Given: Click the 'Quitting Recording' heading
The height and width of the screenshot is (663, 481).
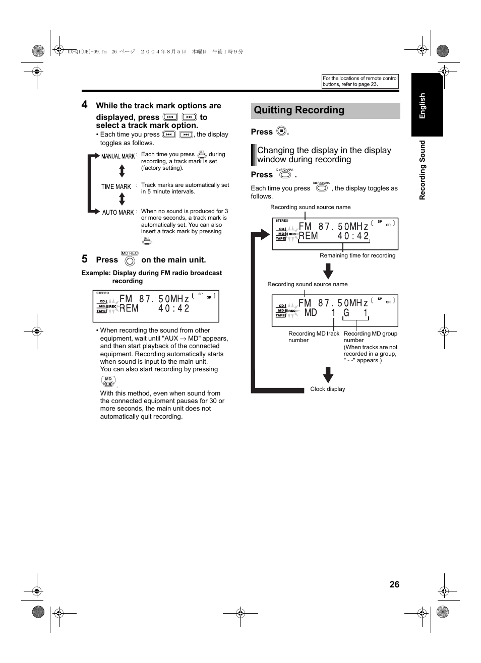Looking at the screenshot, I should tap(299, 110).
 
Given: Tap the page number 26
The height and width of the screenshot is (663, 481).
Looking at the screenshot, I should tap(394, 584).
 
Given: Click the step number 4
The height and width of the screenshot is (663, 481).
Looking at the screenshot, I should tap(85, 105).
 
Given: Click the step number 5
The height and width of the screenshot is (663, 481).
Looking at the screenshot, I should tap(85, 259).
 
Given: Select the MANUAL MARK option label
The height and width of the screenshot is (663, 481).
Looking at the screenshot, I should tap(118, 156).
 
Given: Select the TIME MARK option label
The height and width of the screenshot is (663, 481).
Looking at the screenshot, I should tap(116, 186).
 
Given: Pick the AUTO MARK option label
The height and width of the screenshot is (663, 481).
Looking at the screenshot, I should tap(118, 213).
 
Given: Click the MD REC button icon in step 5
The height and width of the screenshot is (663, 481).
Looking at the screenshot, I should tap(130, 260).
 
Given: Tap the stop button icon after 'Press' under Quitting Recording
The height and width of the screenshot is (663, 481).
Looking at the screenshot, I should tap(281, 131).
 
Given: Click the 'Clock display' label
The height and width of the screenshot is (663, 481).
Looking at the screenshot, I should tap(327, 389).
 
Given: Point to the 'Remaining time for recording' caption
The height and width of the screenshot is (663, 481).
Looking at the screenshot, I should tap(357, 255).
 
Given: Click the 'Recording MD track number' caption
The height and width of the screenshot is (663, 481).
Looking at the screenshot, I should tap(313, 337).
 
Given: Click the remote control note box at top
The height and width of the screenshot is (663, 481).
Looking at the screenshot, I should tap(360, 81).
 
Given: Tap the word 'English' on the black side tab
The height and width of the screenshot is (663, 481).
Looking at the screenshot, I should tap(423, 106).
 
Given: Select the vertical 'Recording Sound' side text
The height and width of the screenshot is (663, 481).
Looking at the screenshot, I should tap(423, 170).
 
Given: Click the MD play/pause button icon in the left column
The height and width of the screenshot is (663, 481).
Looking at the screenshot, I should tap(108, 382).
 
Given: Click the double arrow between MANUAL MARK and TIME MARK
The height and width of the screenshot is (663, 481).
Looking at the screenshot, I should tap(122, 171).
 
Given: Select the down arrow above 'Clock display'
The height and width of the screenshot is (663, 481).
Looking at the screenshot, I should tap(328, 375).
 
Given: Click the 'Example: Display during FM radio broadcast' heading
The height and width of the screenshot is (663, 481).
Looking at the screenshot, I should tap(152, 273).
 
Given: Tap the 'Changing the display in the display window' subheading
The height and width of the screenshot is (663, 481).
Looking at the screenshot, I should tap(324, 155).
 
